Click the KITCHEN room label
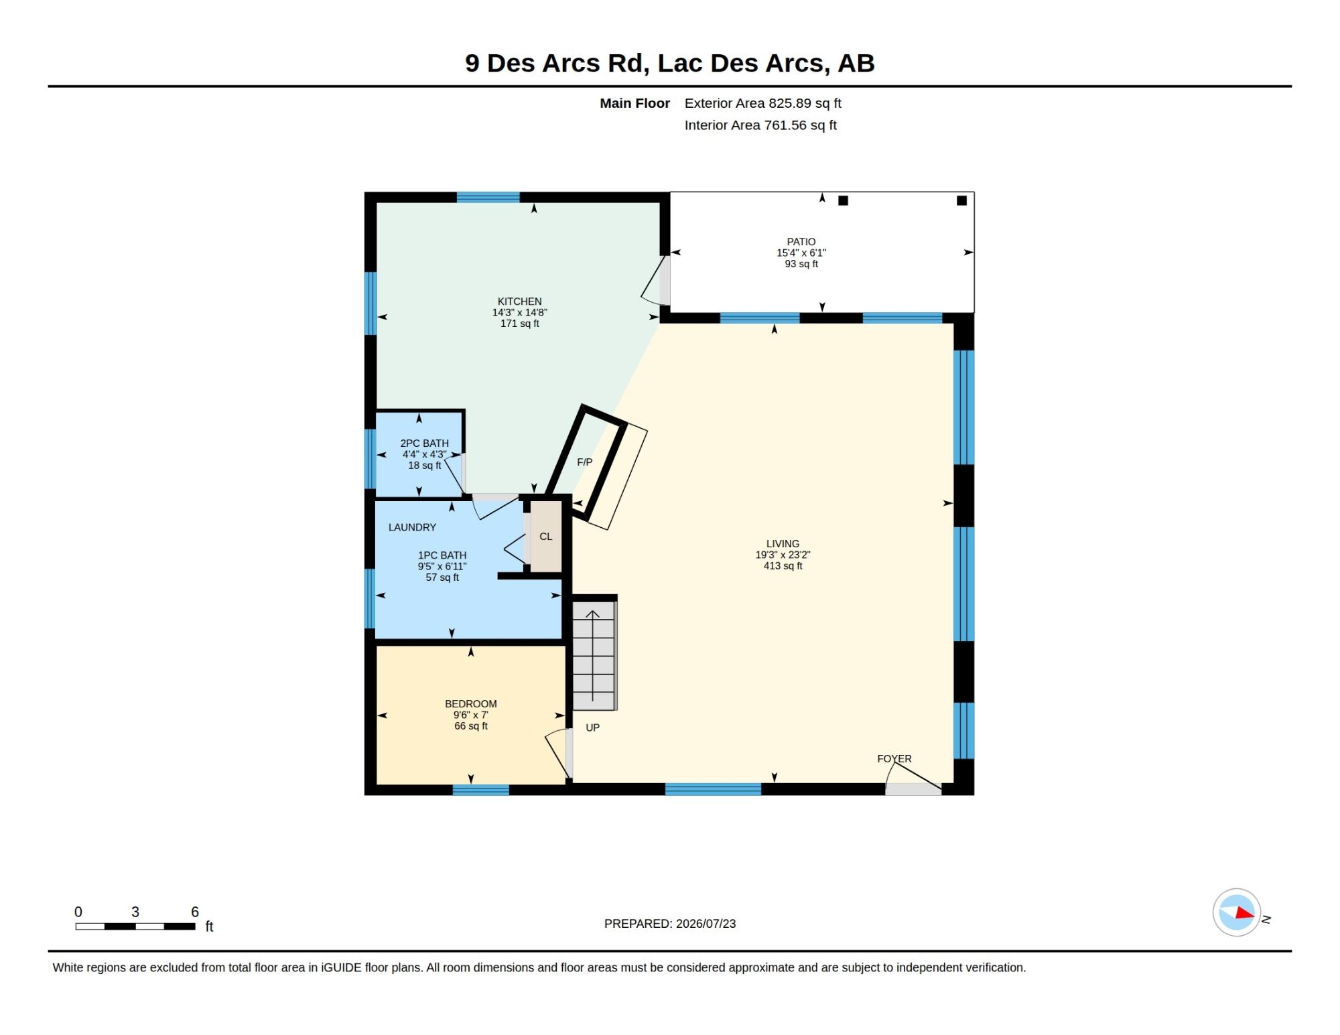(x=519, y=301)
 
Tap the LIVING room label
(x=783, y=544)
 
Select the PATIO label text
(x=801, y=242)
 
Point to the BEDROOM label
(x=471, y=704)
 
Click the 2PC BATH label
(x=424, y=443)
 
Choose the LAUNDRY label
(x=412, y=527)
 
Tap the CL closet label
(x=546, y=537)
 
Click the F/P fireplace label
(x=584, y=462)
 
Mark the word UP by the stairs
(x=592, y=728)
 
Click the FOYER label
(x=894, y=759)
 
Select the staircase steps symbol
(x=594, y=655)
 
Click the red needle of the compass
(x=1245, y=912)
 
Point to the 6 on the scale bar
(x=195, y=912)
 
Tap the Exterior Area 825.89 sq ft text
(x=762, y=103)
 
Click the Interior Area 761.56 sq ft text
(x=760, y=125)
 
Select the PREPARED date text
(x=670, y=924)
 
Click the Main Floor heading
(x=634, y=103)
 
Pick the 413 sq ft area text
(x=783, y=566)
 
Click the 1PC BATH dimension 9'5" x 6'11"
(x=442, y=567)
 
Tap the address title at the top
(x=670, y=63)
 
